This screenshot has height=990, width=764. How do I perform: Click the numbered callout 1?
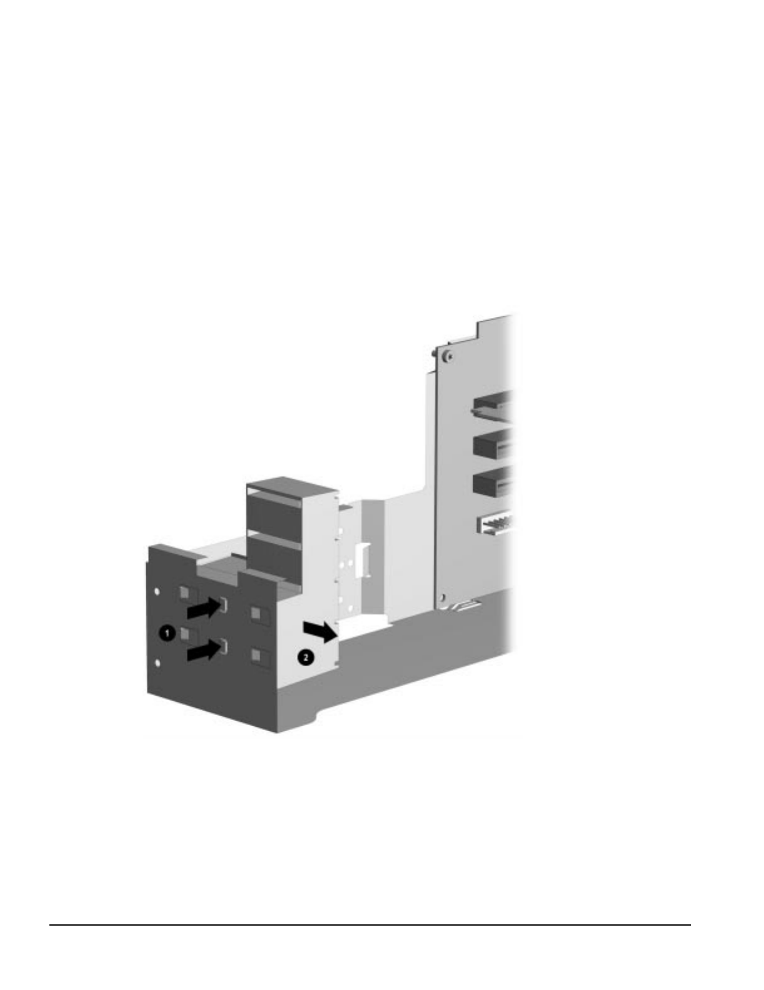tap(168, 633)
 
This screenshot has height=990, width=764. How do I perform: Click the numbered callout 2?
tap(305, 657)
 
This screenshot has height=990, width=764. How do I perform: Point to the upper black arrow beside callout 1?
tap(204, 608)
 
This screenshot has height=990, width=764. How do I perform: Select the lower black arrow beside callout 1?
tap(204, 650)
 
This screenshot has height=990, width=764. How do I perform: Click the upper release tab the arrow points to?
tap(224, 604)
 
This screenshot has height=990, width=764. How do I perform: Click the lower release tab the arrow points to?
tap(224, 646)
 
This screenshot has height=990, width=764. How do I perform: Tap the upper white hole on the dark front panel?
tap(157, 591)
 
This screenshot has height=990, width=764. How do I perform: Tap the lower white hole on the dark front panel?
tap(158, 663)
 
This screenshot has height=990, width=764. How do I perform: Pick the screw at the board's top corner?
tap(449, 357)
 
